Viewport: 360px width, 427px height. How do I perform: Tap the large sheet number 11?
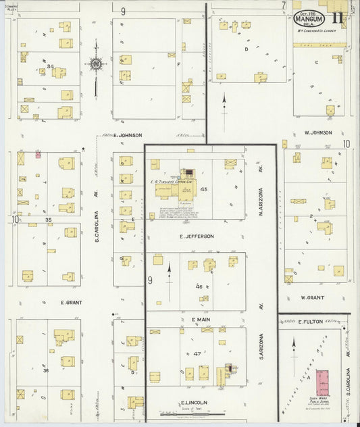click(x=338, y=18)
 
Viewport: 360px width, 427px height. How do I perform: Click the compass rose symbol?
click(x=95, y=65)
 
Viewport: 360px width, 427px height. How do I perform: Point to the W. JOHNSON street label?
click(x=318, y=132)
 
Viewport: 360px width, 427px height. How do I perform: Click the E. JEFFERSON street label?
click(x=197, y=236)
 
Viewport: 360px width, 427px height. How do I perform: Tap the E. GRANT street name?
click(x=71, y=302)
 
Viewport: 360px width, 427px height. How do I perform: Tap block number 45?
click(x=203, y=189)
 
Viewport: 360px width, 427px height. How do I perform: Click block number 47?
click(x=197, y=353)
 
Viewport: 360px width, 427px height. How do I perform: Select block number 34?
click(x=50, y=66)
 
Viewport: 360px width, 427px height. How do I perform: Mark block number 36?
click(x=46, y=370)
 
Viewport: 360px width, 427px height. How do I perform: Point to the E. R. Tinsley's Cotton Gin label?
click(x=173, y=182)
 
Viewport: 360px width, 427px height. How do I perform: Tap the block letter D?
click(x=247, y=49)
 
